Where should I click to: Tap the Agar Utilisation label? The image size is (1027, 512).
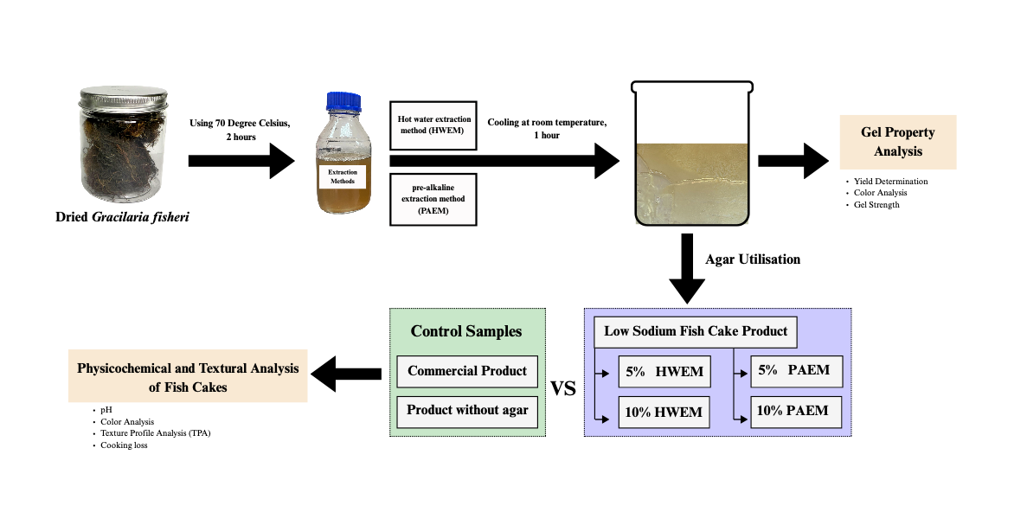click(752, 259)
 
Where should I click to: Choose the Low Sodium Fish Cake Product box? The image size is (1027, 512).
click(696, 332)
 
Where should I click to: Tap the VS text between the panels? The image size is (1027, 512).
click(563, 389)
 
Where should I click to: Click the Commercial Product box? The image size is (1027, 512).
click(467, 371)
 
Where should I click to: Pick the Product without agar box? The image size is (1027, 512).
click(467, 410)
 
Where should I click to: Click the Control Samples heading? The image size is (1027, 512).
click(466, 331)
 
